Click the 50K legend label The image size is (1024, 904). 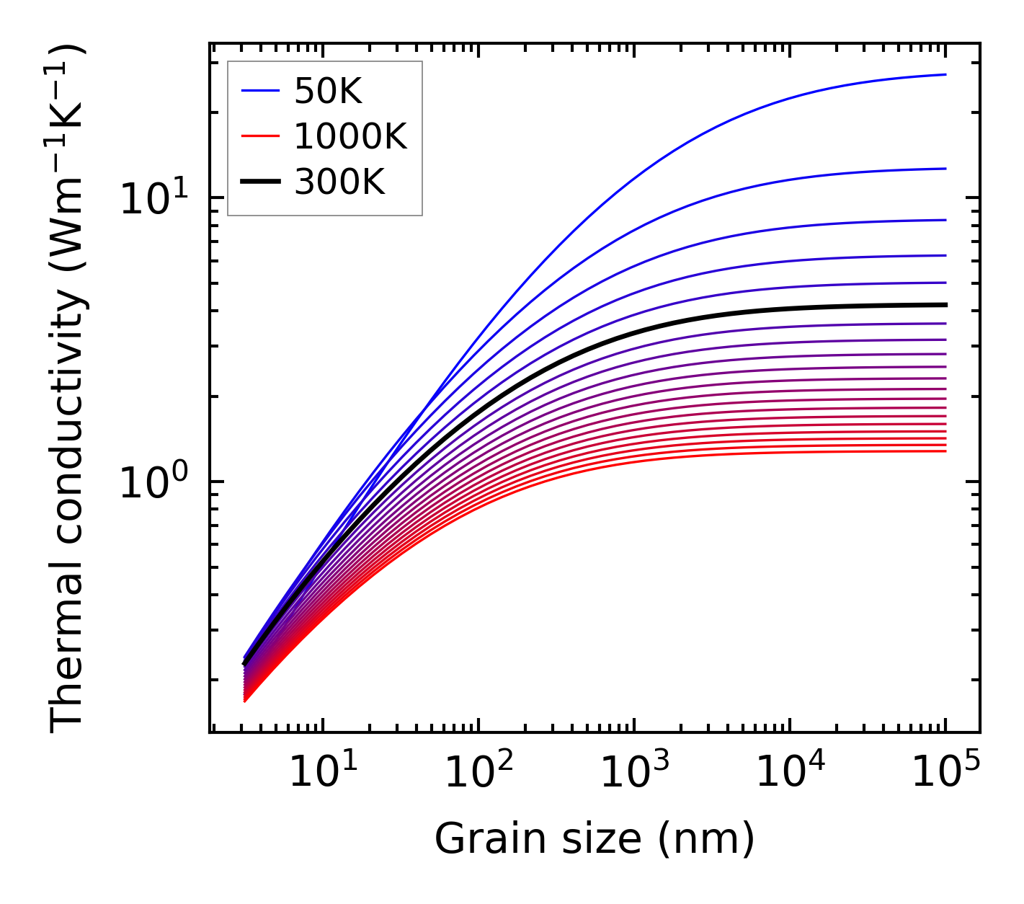pyautogui.click(x=328, y=91)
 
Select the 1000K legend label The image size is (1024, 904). pyautogui.click(x=350, y=136)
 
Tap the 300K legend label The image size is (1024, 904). pyautogui.click(x=339, y=182)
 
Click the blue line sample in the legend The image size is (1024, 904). pyautogui.click(x=260, y=91)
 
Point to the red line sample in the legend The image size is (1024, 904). pyautogui.click(x=260, y=136)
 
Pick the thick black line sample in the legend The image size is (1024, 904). pyautogui.click(x=260, y=182)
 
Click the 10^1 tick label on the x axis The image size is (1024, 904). pyautogui.click(x=321, y=773)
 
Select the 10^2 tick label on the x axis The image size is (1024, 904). pyautogui.click(x=477, y=773)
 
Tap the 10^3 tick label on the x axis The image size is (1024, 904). pyautogui.click(x=633, y=773)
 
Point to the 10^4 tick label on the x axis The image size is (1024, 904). pyautogui.click(x=788, y=773)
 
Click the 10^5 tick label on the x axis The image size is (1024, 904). pyautogui.click(x=945, y=773)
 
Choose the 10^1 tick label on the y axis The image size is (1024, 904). pyautogui.click(x=152, y=199)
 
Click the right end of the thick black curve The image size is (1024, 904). pyautogui.click(x=945, y=305)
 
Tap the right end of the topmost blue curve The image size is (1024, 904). pyautogui.click(x=945, y=74)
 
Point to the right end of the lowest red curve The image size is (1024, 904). pyautogui.click(x=945, y=451)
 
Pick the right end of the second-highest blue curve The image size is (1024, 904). pyautogui.click(x=945, y=169)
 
